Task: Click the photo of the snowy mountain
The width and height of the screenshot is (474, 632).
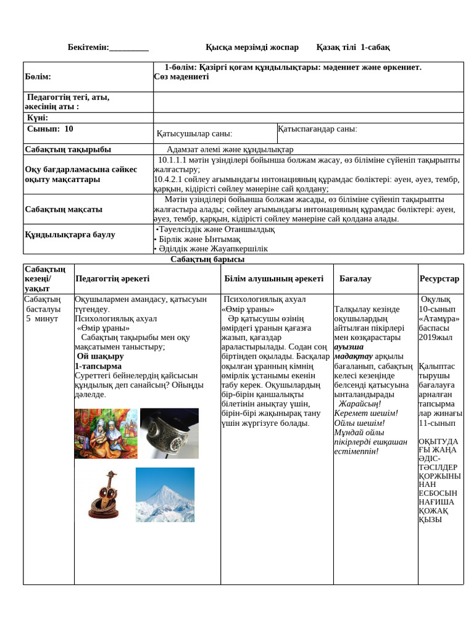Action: click(165, 494)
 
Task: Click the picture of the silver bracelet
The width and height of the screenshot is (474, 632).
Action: click(169, 433)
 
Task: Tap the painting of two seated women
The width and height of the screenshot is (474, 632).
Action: click(106, 433)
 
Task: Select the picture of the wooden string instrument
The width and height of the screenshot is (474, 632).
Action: click(106, 494)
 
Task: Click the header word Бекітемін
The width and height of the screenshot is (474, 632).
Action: click(88, 48)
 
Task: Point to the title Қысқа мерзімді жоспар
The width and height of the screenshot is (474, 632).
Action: click(252, 48)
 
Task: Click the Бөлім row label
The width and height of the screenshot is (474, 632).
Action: click(38, 77)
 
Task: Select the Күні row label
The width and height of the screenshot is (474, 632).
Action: click(37, 118)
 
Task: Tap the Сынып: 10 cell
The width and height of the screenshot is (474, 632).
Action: click(50, 129)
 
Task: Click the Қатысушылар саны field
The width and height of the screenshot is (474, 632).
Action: click(194, 133)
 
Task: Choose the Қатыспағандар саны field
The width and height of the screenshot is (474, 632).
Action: click(317, 129)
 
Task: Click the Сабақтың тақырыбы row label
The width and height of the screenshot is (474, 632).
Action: click(68, 149)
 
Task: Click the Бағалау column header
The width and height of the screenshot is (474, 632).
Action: click(355, 279)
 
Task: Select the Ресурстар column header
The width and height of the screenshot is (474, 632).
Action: click(439, 279)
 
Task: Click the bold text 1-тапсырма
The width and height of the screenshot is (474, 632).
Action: click(98, 366)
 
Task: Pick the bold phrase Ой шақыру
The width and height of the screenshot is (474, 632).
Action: click(100, 356)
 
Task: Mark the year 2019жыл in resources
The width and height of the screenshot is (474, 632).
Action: click(435, 338)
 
